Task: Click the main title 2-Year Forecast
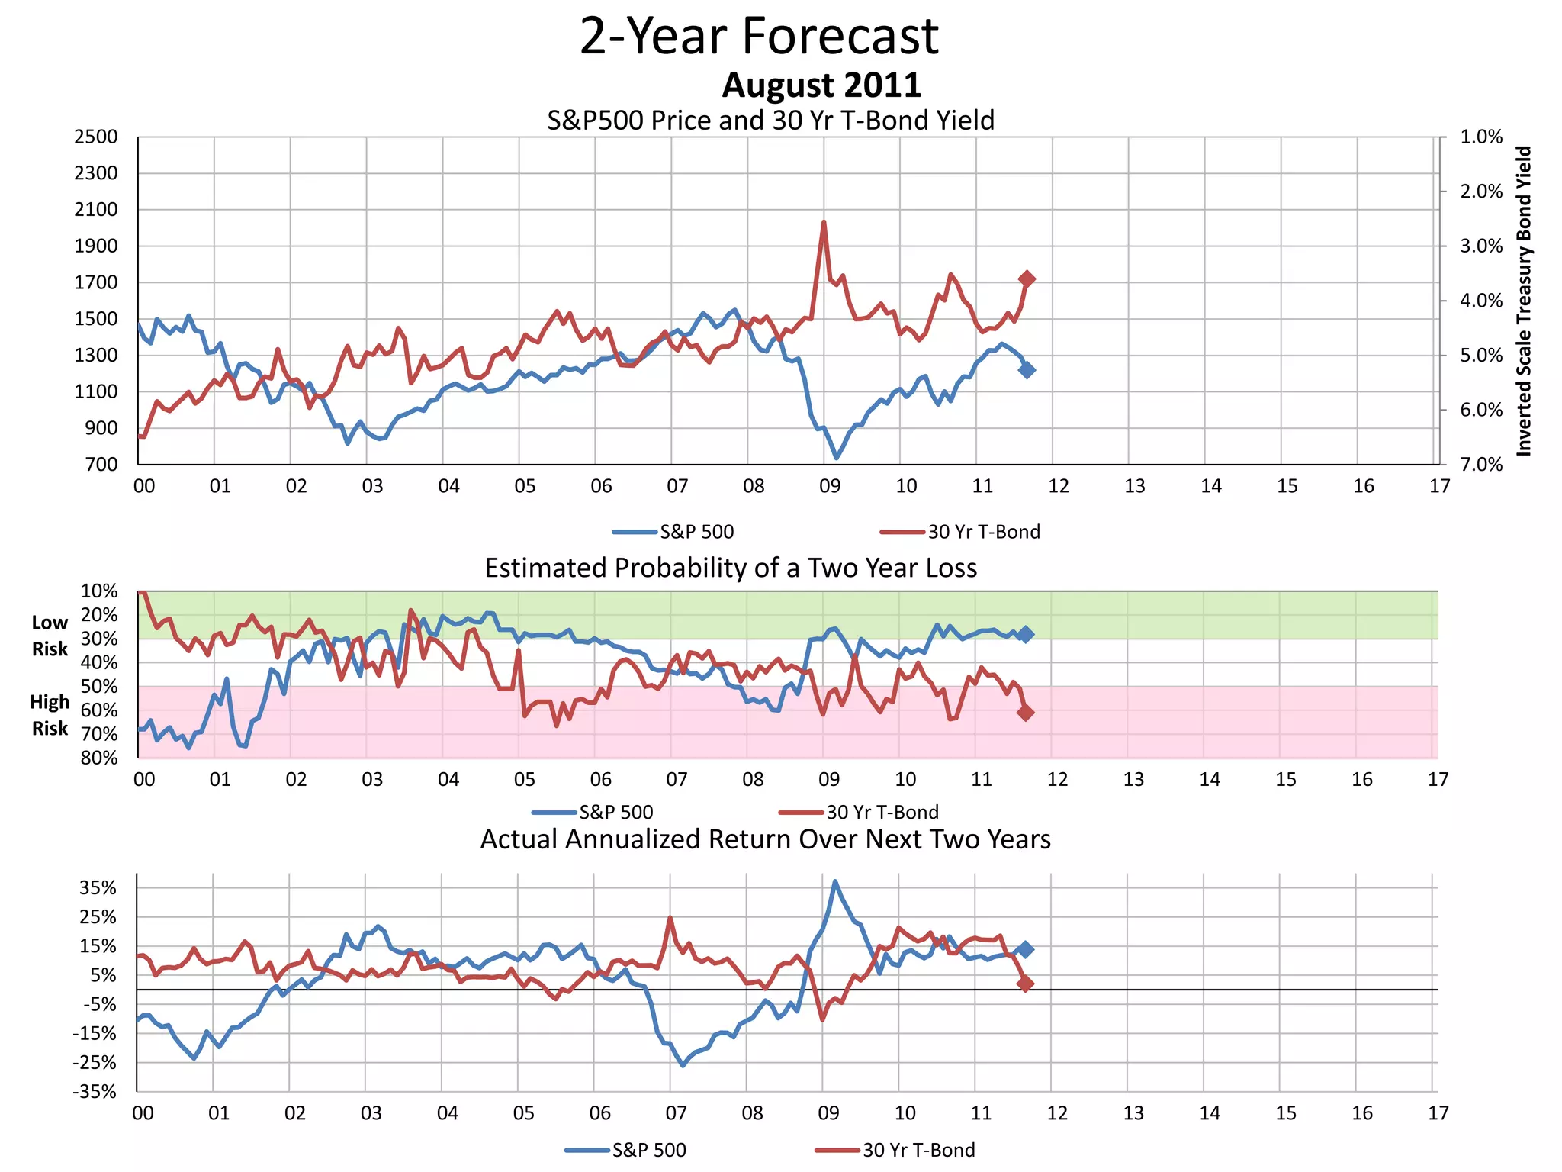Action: pos(759,37)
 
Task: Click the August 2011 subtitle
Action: pos(821,85)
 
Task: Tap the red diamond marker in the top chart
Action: pos(1027,279)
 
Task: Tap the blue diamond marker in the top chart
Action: pos(1027,370)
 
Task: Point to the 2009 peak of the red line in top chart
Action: pos(824,223)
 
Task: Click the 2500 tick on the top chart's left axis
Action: pos(95,137)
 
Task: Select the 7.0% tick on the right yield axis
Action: pos(1481,465)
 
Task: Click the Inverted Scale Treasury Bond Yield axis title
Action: pos(1524,301)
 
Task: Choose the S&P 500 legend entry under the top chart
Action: pos(696,532)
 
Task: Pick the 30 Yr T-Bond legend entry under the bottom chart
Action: pos(918,1150)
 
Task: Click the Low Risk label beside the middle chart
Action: pos(50,636)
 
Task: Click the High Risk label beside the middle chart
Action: pos(50,715)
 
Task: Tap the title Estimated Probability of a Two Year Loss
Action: pos(731,568)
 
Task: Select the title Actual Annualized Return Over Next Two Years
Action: pos(765,839)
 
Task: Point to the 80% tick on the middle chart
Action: pos(99,758)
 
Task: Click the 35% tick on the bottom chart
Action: pos(98,888)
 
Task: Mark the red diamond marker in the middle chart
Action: pos(1026,713)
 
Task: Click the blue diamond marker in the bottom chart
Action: pos(1026,949)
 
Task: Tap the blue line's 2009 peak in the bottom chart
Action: pos(834,881)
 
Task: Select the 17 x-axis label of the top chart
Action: pos(1439,487)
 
